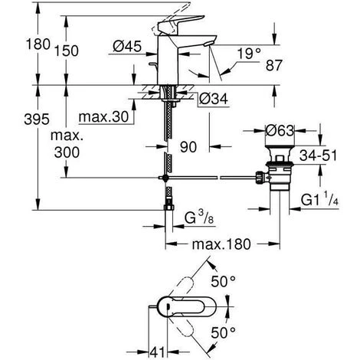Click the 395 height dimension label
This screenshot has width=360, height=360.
coord(37,119)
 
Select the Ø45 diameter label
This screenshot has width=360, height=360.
coord(127,47)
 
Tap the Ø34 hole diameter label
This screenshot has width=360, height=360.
coord(213,99)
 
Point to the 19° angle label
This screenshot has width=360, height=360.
coord(249,54)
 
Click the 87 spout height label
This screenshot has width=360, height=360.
coord(274,65)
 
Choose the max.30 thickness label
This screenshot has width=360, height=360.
coord(103,117)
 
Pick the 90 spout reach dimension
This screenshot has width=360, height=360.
coord(188,147)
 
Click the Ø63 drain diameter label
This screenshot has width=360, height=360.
coord(280,131)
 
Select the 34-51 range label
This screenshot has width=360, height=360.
coord(318,155)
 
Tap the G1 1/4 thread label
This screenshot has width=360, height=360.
coord(320,200)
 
